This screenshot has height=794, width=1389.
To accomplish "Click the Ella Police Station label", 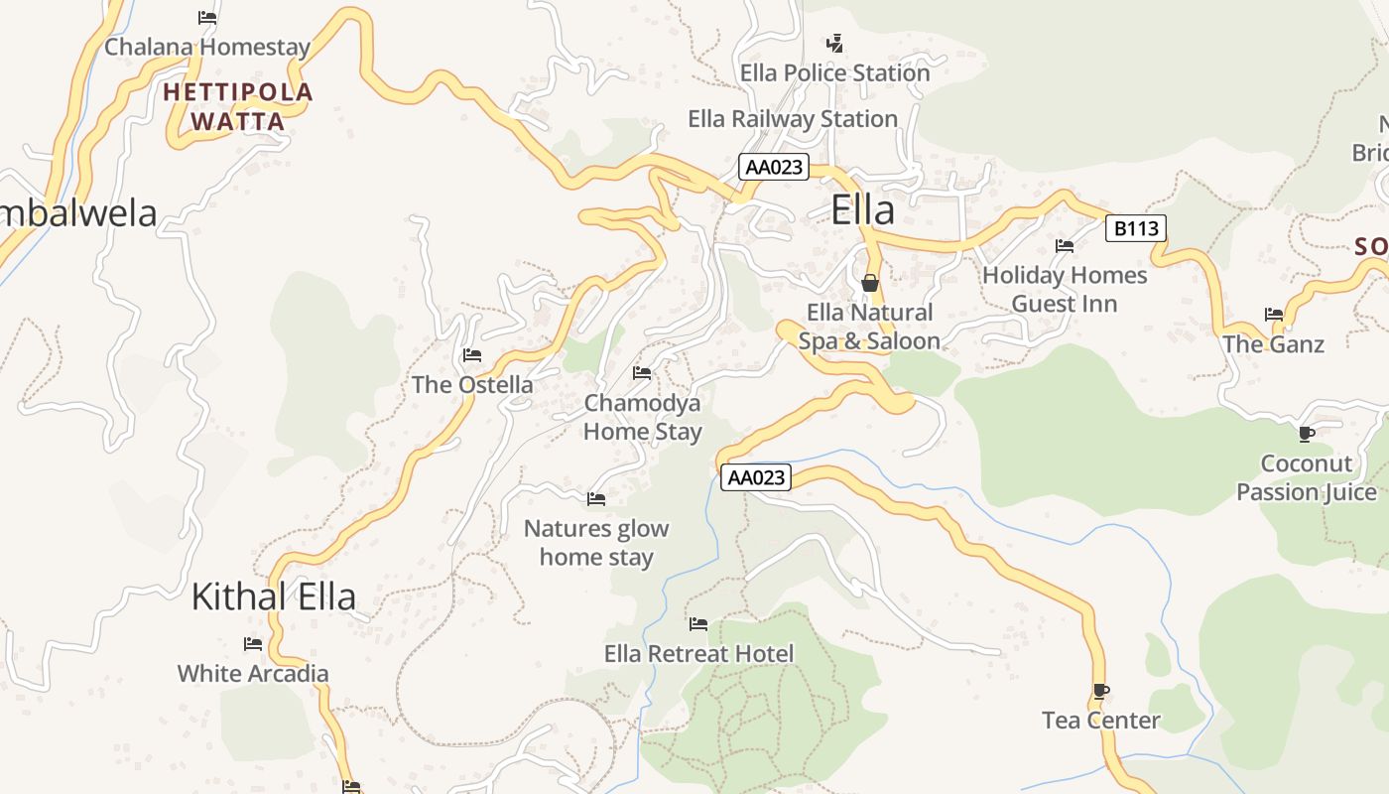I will point(834,72).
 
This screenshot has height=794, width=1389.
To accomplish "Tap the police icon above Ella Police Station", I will point(835,43).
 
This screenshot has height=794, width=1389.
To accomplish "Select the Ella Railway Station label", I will point(792,119).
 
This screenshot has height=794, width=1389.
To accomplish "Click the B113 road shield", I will point(1135,229).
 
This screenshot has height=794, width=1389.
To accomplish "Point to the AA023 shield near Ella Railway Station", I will point(773,167).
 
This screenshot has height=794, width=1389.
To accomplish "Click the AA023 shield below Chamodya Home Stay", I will point(756,477).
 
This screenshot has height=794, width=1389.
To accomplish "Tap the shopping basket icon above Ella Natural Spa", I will point(870,283).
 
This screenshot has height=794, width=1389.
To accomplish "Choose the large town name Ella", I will point(862,209).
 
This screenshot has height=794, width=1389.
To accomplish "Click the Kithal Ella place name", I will point(273,596).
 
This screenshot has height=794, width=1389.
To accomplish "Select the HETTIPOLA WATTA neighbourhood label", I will point(238,107).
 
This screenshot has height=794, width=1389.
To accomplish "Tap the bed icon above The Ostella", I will point(472,354).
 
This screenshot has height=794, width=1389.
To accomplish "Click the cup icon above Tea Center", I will point(1100,690).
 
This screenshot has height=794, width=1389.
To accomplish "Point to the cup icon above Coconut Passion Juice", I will point(1307,434).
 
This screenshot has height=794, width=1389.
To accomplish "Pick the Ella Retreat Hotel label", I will point(698,654).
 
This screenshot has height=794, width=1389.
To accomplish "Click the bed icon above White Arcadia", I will point(253,643).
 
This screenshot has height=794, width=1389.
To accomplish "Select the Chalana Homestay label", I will point(206,47).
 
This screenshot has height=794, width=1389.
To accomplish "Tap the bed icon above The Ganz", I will point(1274,315).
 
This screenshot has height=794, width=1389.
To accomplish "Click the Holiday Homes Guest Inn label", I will point(1064,289).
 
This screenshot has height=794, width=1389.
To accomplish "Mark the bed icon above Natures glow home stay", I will point(596,498).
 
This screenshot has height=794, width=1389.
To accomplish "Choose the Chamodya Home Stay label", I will point(642,417).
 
